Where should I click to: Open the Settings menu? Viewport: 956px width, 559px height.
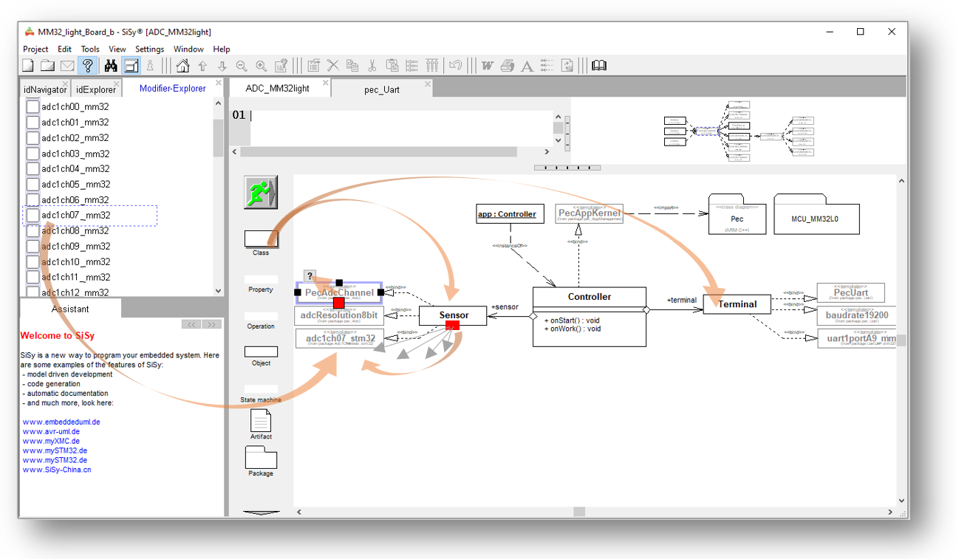tap(149, 49)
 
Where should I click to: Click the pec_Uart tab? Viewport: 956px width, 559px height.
tap(381, 89)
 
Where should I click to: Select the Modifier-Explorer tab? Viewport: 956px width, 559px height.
tap(173, 89)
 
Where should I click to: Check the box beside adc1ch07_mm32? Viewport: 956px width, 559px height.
tap(33, 216)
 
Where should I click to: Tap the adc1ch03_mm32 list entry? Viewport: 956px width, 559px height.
tap(75, 154)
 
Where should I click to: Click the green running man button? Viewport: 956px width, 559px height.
tap(260, 192)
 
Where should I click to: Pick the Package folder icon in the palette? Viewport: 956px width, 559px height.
tap(261, 458)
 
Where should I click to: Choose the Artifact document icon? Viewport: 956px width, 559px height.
tap(261, 421)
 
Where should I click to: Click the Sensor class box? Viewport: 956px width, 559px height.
tap(454, 315)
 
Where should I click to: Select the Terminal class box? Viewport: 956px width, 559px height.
tap(737, 303)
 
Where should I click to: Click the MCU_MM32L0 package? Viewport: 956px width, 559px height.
tap(816, 219)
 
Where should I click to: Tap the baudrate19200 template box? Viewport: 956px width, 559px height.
tap(857, 315)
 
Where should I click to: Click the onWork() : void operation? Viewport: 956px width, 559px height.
tap(573, 329)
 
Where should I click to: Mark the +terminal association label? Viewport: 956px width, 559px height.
tap(681, 300)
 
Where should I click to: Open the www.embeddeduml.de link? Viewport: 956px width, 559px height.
tap(61, 422)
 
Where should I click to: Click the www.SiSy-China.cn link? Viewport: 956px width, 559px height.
tap(57, 470)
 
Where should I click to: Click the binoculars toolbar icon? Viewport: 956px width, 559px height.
tap(111, 66)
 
